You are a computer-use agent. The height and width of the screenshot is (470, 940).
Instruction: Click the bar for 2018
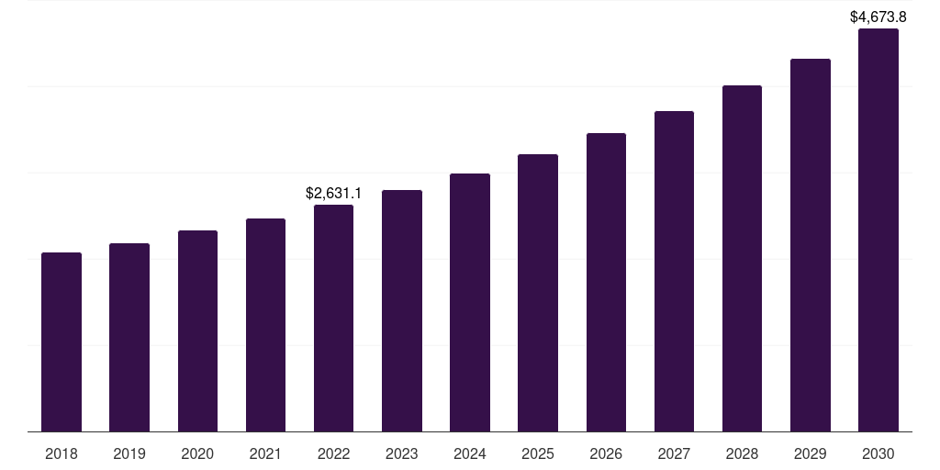click(x=62, y=342)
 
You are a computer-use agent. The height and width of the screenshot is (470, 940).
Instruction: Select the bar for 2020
click(x=198, y=330)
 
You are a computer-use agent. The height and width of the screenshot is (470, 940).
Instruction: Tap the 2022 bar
click(x=334, y=319)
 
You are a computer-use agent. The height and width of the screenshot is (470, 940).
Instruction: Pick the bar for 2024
click(x=470, y=303)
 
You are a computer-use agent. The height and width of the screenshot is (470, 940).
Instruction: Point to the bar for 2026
click(x=606, y=283)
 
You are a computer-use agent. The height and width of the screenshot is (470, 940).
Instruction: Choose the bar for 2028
click(x=742, y=258)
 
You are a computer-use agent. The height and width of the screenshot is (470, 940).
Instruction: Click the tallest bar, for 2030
click(x=878, y=230)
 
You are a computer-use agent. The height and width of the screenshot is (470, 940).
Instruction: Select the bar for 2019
click(x=129, y=338)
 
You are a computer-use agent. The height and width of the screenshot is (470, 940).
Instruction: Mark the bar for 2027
click(x=675, y=272)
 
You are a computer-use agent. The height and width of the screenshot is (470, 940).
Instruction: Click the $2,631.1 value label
click(x=334, y=193)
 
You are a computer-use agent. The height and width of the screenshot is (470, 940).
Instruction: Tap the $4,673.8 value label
click(x=878, y=17)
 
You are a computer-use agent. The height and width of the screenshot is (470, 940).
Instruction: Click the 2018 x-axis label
click(x=62, y=453)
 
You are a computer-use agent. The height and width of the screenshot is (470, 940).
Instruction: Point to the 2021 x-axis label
click(x=265, y=453)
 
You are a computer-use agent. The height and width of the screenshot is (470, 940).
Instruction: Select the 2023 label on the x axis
click(x=402, y=453)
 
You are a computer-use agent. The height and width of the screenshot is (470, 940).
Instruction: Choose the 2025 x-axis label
click(x=538, y=453)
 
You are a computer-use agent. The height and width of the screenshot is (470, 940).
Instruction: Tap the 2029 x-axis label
click(x=811, y=453)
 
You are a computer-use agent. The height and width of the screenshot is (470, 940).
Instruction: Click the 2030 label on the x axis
click(x=878, y=453)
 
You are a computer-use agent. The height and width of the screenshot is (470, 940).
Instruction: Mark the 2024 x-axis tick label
click(x=470, y=453)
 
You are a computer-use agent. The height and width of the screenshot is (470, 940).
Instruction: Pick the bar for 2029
click(x=811, y=245)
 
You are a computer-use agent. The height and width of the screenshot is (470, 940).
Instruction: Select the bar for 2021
click(x=265, y=325)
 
